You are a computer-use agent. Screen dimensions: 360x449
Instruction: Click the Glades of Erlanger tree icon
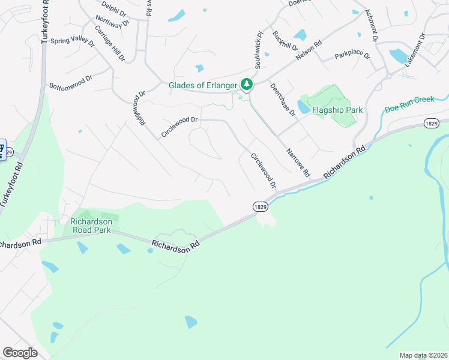246,85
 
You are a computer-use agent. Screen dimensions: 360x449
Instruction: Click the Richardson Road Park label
91,225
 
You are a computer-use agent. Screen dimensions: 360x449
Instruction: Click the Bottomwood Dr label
71,82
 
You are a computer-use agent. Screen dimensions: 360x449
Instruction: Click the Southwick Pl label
259,49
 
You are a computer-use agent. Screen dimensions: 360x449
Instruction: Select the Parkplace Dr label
352,55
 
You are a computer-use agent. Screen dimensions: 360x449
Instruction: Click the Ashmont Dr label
370,25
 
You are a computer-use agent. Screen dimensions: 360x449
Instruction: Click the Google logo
20,353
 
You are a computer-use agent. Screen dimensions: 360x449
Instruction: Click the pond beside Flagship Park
303,107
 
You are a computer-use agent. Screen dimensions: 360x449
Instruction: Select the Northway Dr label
109,23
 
